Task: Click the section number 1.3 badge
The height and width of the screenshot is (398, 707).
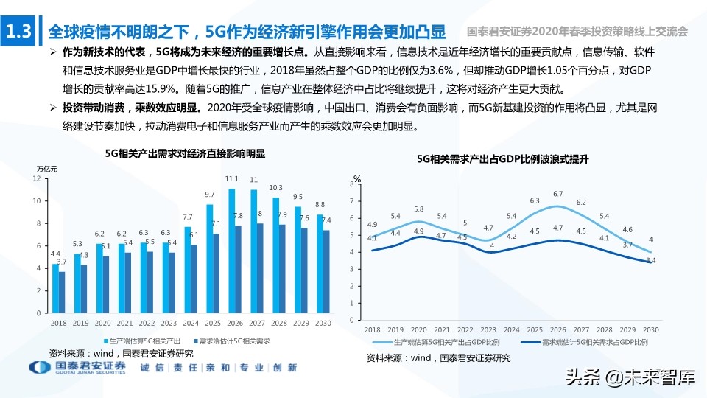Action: click(18, 32)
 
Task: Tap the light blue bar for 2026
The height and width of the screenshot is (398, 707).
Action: click(232, 251)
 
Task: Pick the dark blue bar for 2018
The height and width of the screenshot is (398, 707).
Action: click(63, 293)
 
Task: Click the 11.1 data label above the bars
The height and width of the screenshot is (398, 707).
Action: click(232, 179)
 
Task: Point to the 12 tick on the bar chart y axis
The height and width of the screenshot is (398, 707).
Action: click(37, 178)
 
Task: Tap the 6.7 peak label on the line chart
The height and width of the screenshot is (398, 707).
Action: click(557, 194)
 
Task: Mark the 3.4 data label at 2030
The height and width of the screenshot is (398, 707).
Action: click(653, 261)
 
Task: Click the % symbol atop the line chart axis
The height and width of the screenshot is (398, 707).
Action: click(356, 179)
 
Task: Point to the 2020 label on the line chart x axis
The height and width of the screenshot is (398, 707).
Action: click(418, 330)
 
